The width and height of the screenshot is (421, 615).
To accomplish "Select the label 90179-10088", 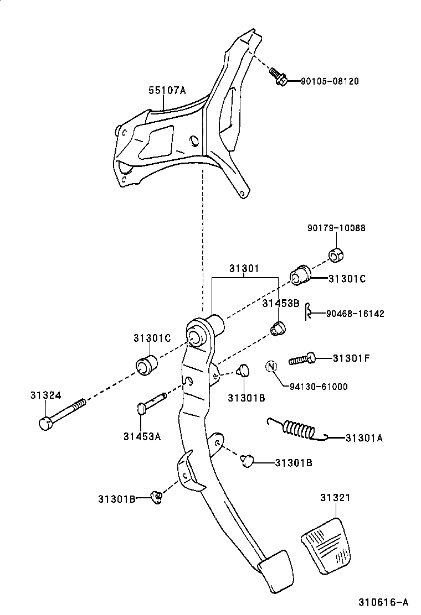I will coord(336,228).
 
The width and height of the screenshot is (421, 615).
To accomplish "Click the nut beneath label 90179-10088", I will coord(336,255).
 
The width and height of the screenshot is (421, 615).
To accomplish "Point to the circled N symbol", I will coord(271,366).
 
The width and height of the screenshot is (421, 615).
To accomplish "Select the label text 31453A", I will coord(142,436).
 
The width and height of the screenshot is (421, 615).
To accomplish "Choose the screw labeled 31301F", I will coord(302,359).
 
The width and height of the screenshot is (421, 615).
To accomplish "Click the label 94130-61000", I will coord(319,387).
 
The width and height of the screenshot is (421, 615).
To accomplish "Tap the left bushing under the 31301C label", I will coord(146,366).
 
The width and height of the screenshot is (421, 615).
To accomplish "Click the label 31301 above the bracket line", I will coord(244,269).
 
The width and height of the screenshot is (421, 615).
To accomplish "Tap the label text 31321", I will coord(335,498).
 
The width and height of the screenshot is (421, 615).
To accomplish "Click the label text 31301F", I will coord(351,358).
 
